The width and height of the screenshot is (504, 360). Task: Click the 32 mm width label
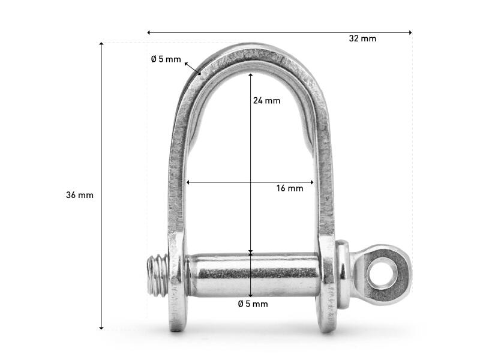(x=362, y=38)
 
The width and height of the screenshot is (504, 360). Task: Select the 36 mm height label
(x=80, y=195)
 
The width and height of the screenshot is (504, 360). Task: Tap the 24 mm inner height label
(x=266, y=101)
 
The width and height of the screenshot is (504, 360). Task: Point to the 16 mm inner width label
(x=290, y=188)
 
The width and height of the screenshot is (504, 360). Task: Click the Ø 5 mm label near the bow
(x=166, y=59)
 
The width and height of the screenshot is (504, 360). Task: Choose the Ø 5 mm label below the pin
(x=253, y=304)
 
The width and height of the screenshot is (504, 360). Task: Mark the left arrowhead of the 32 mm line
(x=149, y=32)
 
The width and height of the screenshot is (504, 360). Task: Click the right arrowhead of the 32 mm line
(x=410, y=32)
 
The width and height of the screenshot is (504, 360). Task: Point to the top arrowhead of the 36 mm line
(x=101, y=44)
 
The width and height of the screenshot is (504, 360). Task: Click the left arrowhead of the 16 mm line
(x=188, y=182)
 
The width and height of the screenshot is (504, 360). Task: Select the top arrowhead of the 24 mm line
(x=250, y=74)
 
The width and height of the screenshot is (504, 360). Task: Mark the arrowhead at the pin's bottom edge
(x=250, y=295)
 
